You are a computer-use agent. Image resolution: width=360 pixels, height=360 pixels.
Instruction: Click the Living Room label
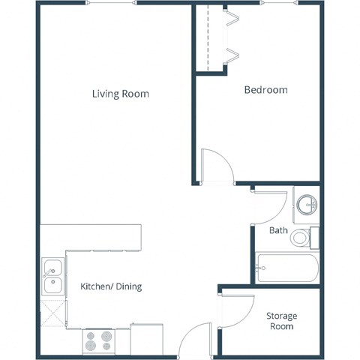click(x=120, y=94)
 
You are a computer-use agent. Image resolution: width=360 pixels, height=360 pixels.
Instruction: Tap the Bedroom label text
click(x=266, y=90)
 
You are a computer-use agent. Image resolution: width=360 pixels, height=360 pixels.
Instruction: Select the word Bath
click(x=278, y=230)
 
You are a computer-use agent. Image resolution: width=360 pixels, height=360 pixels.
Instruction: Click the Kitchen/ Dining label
click(x=111, y=286)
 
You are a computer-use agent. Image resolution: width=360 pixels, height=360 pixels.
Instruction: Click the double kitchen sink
click(x=52, y=276)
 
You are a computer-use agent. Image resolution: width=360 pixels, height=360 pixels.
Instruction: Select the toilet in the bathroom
click(x=302, y=238)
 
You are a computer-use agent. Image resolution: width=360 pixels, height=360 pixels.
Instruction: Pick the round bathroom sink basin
click(x=307, y=204)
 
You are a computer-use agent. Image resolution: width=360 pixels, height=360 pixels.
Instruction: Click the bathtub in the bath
click(x=287, y=267)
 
